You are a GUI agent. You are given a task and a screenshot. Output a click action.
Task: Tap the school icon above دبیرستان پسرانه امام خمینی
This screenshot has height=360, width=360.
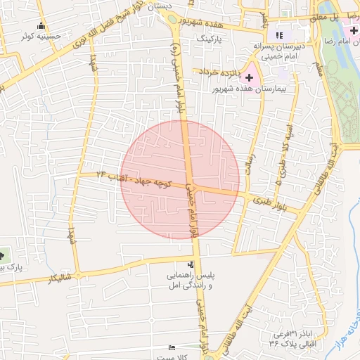279,35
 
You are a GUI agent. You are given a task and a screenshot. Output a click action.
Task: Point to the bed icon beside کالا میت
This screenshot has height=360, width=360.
173,347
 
